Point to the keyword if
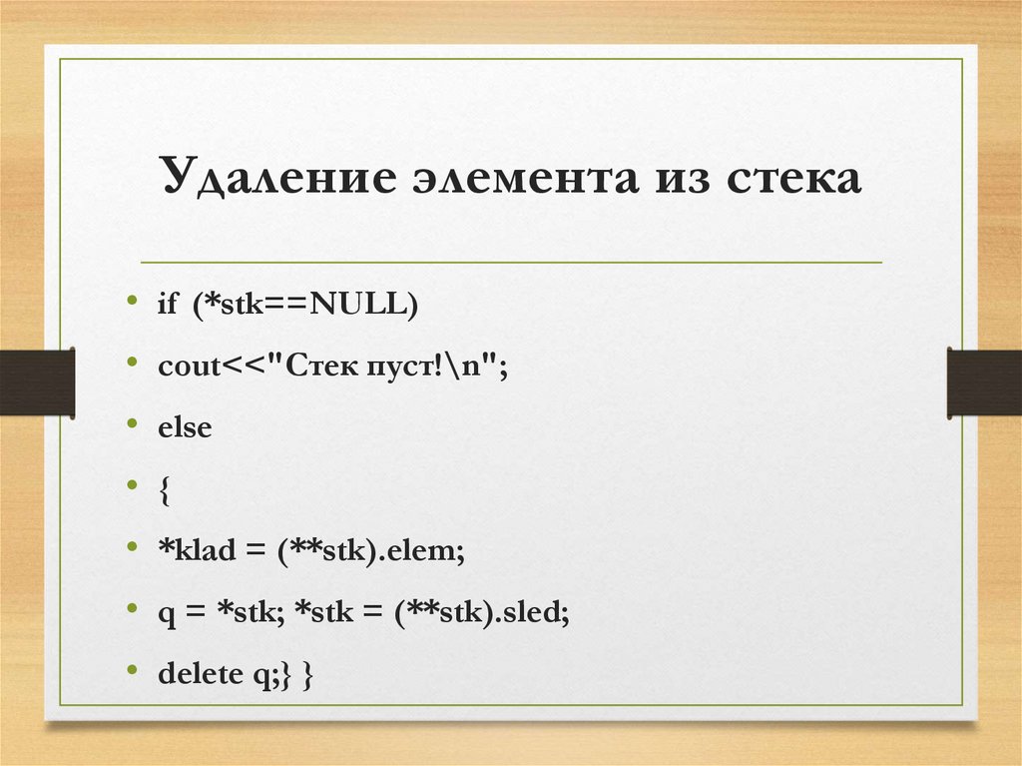pyautogui.click(x=167, y=306)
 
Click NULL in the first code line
pyautogui.click(x=356, y=306)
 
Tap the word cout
pyautogui.click(x=189, y=367)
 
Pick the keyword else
pyautogui.click(x=185, y=427)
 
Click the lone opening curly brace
pyautogui.click(x=164, y=489)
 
